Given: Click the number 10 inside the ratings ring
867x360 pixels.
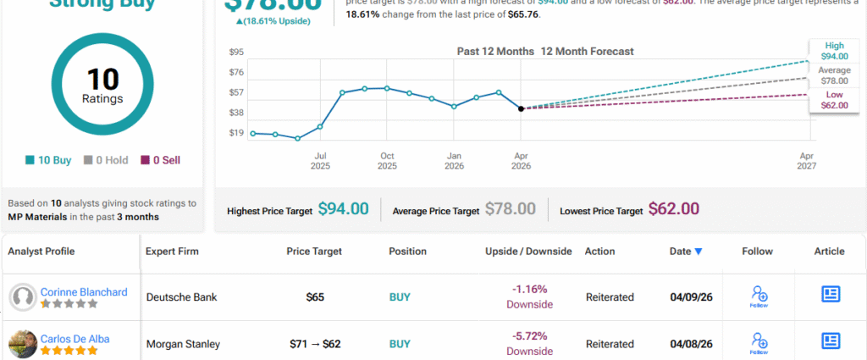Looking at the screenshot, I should (102, 80).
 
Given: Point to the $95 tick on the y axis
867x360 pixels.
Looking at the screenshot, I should (236, 53).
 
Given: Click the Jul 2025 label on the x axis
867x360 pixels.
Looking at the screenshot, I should (320, 161).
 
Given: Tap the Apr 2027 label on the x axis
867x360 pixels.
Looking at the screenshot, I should (807, 161).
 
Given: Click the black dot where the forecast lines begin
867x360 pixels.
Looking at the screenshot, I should (520, 108).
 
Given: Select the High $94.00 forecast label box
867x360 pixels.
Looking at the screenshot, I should (834, 51).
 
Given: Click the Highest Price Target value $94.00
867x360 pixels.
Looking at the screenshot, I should (343, 209).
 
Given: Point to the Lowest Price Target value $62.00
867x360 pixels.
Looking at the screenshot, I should (674, 209).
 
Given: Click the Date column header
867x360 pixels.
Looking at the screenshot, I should (685, 252).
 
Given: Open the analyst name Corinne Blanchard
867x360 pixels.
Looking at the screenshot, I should (84, 292).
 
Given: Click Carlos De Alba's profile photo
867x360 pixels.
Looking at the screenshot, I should (22, 343).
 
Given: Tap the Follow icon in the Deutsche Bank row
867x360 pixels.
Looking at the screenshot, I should (759, 296).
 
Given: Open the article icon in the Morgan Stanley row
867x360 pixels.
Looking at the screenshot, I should (830, 341).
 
